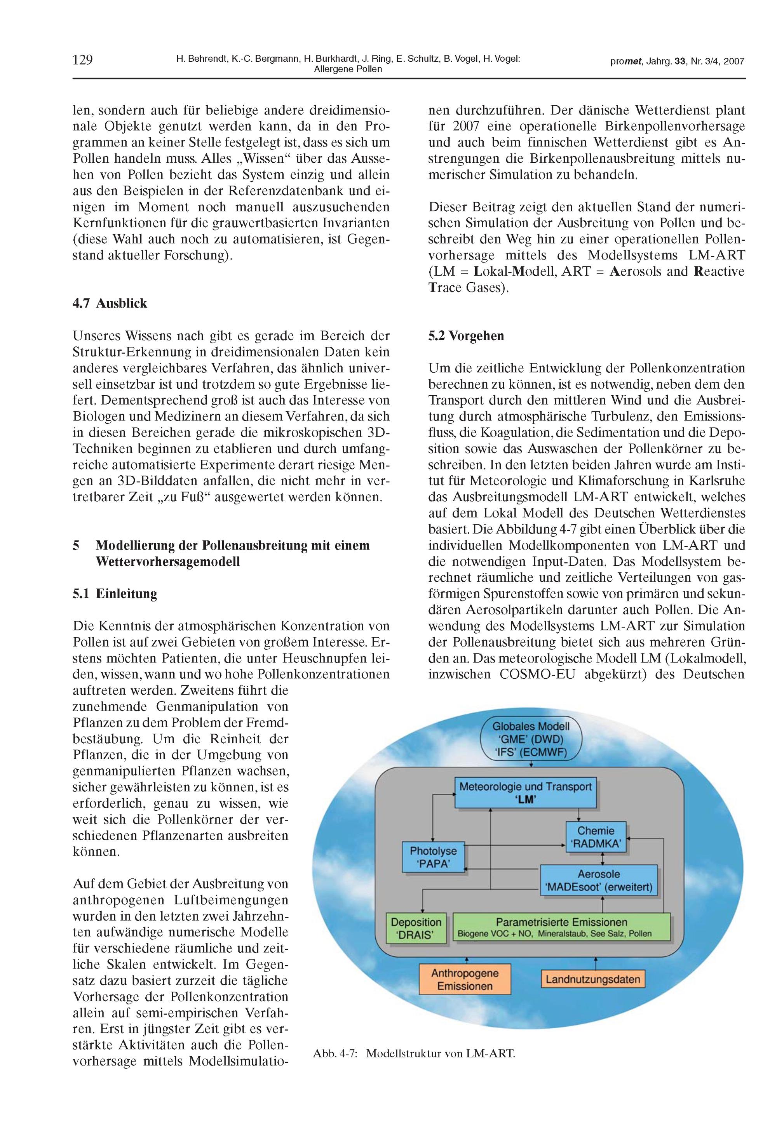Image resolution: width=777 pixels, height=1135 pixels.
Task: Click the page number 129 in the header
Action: [83, 60]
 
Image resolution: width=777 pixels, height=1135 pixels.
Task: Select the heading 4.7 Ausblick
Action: [110, 303]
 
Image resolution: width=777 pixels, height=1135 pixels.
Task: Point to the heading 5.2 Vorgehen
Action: [466, 336]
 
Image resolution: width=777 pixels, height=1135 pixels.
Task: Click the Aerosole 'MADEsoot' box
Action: [599, 881]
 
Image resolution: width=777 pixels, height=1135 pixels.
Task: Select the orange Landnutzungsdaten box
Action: [593, 979]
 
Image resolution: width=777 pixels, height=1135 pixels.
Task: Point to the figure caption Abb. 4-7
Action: [413, 1053]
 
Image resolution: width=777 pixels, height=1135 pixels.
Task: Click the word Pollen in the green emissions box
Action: [640, 934]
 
